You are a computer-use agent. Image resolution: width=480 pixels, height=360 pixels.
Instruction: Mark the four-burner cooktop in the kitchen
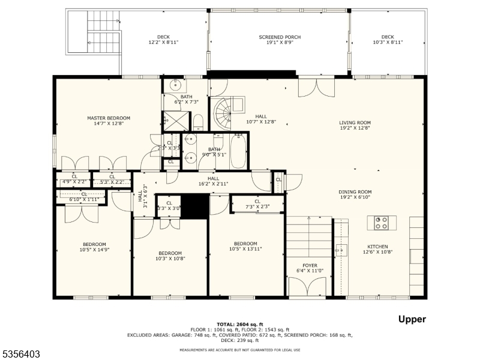pos(381,223)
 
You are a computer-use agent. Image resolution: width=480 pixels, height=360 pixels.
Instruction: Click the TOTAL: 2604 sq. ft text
pos(239,324)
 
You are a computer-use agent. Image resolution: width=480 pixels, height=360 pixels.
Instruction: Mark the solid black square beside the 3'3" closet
pos(194,206)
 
